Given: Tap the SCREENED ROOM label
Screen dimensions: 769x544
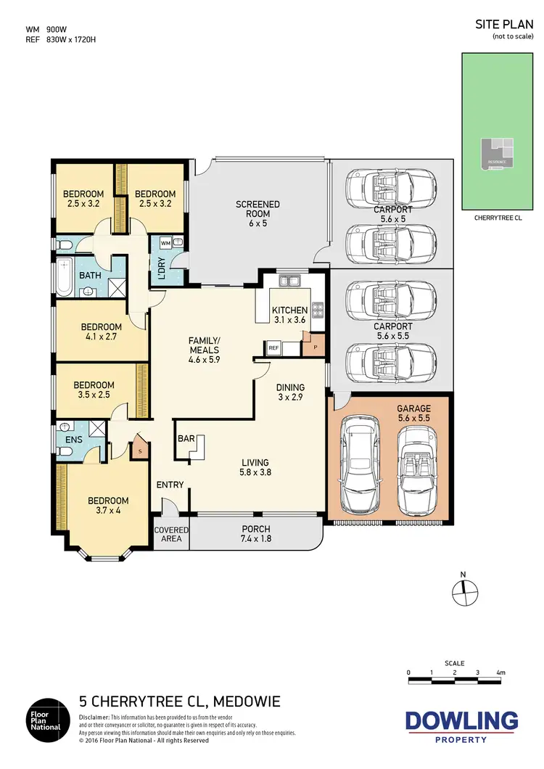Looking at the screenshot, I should tap(257, 210).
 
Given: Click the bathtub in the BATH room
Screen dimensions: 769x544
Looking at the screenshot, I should tap(64, 276).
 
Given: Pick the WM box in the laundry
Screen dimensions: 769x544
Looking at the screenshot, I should tap(165, 242).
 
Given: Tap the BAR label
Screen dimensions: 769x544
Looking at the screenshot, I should tap(186, 439).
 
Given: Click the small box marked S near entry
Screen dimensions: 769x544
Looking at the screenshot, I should tap(140, 451).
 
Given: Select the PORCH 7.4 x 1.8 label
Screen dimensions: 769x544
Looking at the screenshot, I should tap(256, 534).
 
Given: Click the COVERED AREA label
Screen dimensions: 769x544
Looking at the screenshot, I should tap(171, 534).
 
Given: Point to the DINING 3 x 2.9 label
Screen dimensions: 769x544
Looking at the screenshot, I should tap(289, 392).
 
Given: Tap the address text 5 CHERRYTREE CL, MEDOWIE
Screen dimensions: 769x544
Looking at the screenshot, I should tap(178, 702).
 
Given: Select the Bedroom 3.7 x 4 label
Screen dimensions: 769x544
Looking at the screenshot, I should tap(108, 506).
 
